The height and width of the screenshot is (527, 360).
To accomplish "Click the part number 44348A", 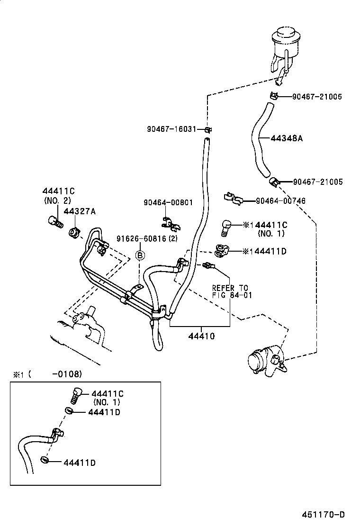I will [x=287, y=139].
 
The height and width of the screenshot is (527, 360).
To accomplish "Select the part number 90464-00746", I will [x=280, y=201].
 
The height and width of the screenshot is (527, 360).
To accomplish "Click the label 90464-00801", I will [x=168, y=202].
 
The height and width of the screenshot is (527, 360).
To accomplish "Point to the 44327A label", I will [x=80, y=211].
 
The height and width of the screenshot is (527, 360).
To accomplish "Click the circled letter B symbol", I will [x=140, y=255].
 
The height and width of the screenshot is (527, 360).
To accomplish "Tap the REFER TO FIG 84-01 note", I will [x=230, y=291].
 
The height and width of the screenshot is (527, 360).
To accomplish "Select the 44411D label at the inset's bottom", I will [x=79, y=462].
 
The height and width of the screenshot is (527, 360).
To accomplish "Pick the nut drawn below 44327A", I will [x=74, y=232].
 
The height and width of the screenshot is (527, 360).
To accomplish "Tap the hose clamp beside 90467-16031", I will [x=207, y=129].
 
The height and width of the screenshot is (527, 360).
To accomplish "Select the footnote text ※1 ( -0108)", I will [x=47, y=374].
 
